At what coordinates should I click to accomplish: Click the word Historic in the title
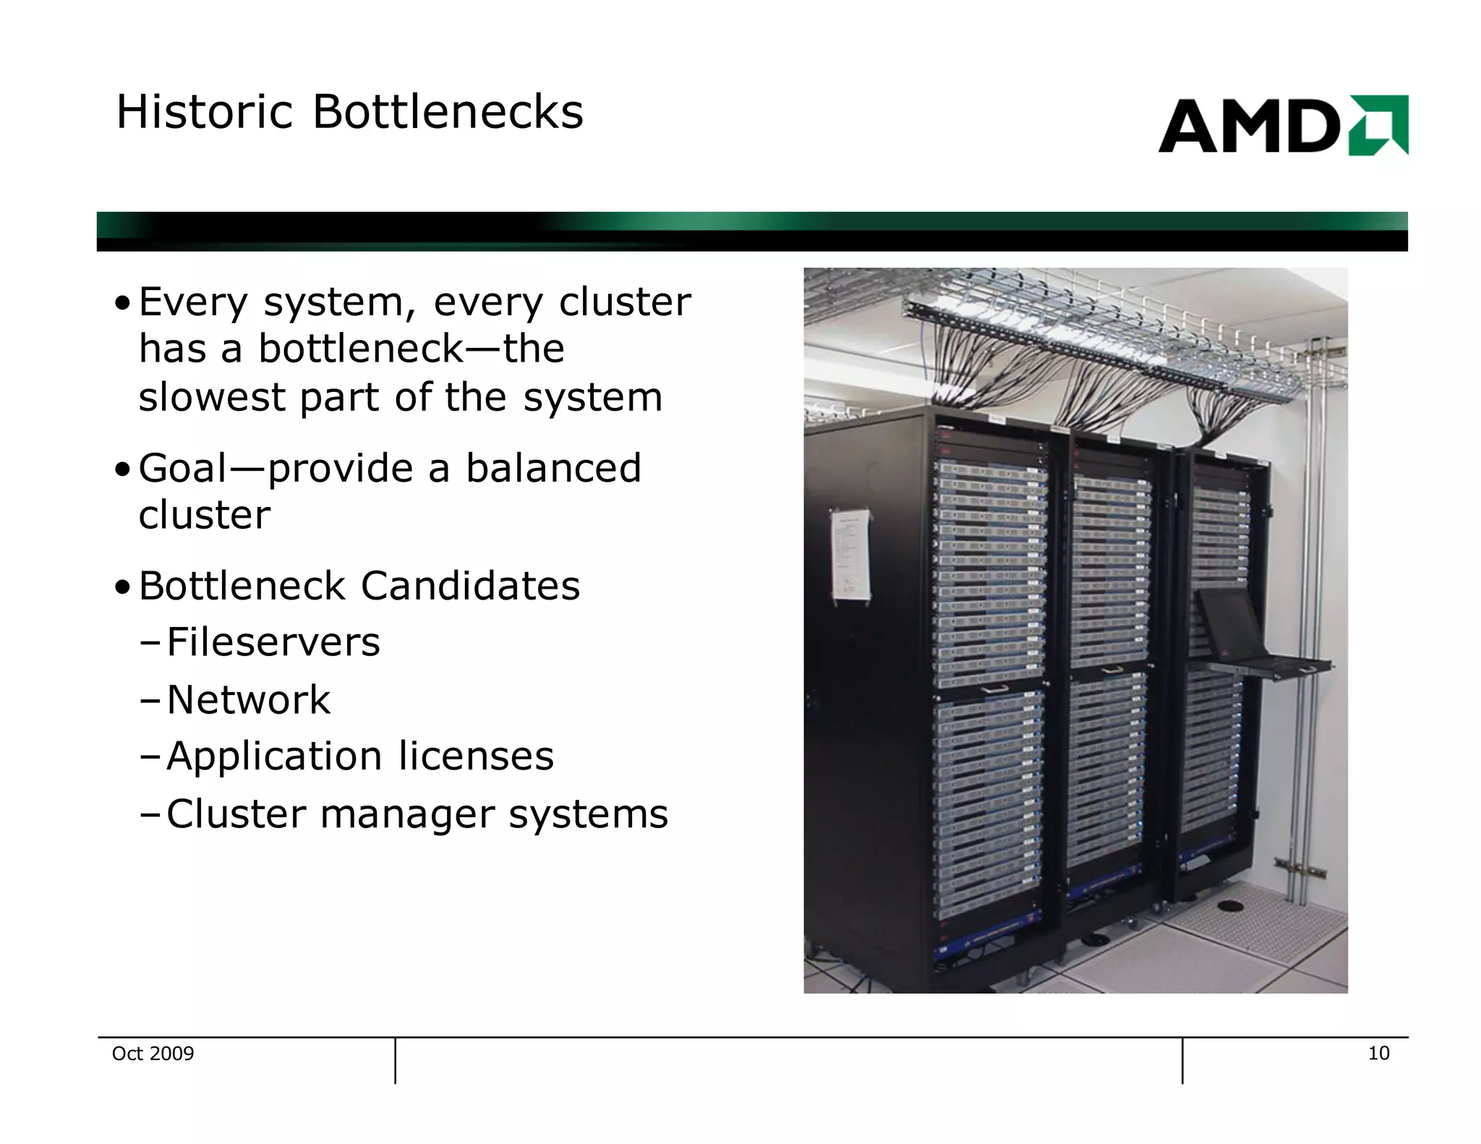[204, 113]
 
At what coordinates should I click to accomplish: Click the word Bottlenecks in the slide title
[448, 113]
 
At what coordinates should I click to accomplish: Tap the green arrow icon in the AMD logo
[1378, 125]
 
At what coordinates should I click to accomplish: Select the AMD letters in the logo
[1250, 127]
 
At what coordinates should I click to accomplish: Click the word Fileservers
[273, 642]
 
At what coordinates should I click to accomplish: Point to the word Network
[248, 699]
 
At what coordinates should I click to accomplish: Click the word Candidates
[470, 586]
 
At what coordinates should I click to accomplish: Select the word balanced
[553, 468]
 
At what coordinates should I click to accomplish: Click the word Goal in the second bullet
[183, 468]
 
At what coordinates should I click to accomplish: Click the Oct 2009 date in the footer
[153, 1054]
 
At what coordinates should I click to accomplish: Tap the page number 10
[1378, 1054]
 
